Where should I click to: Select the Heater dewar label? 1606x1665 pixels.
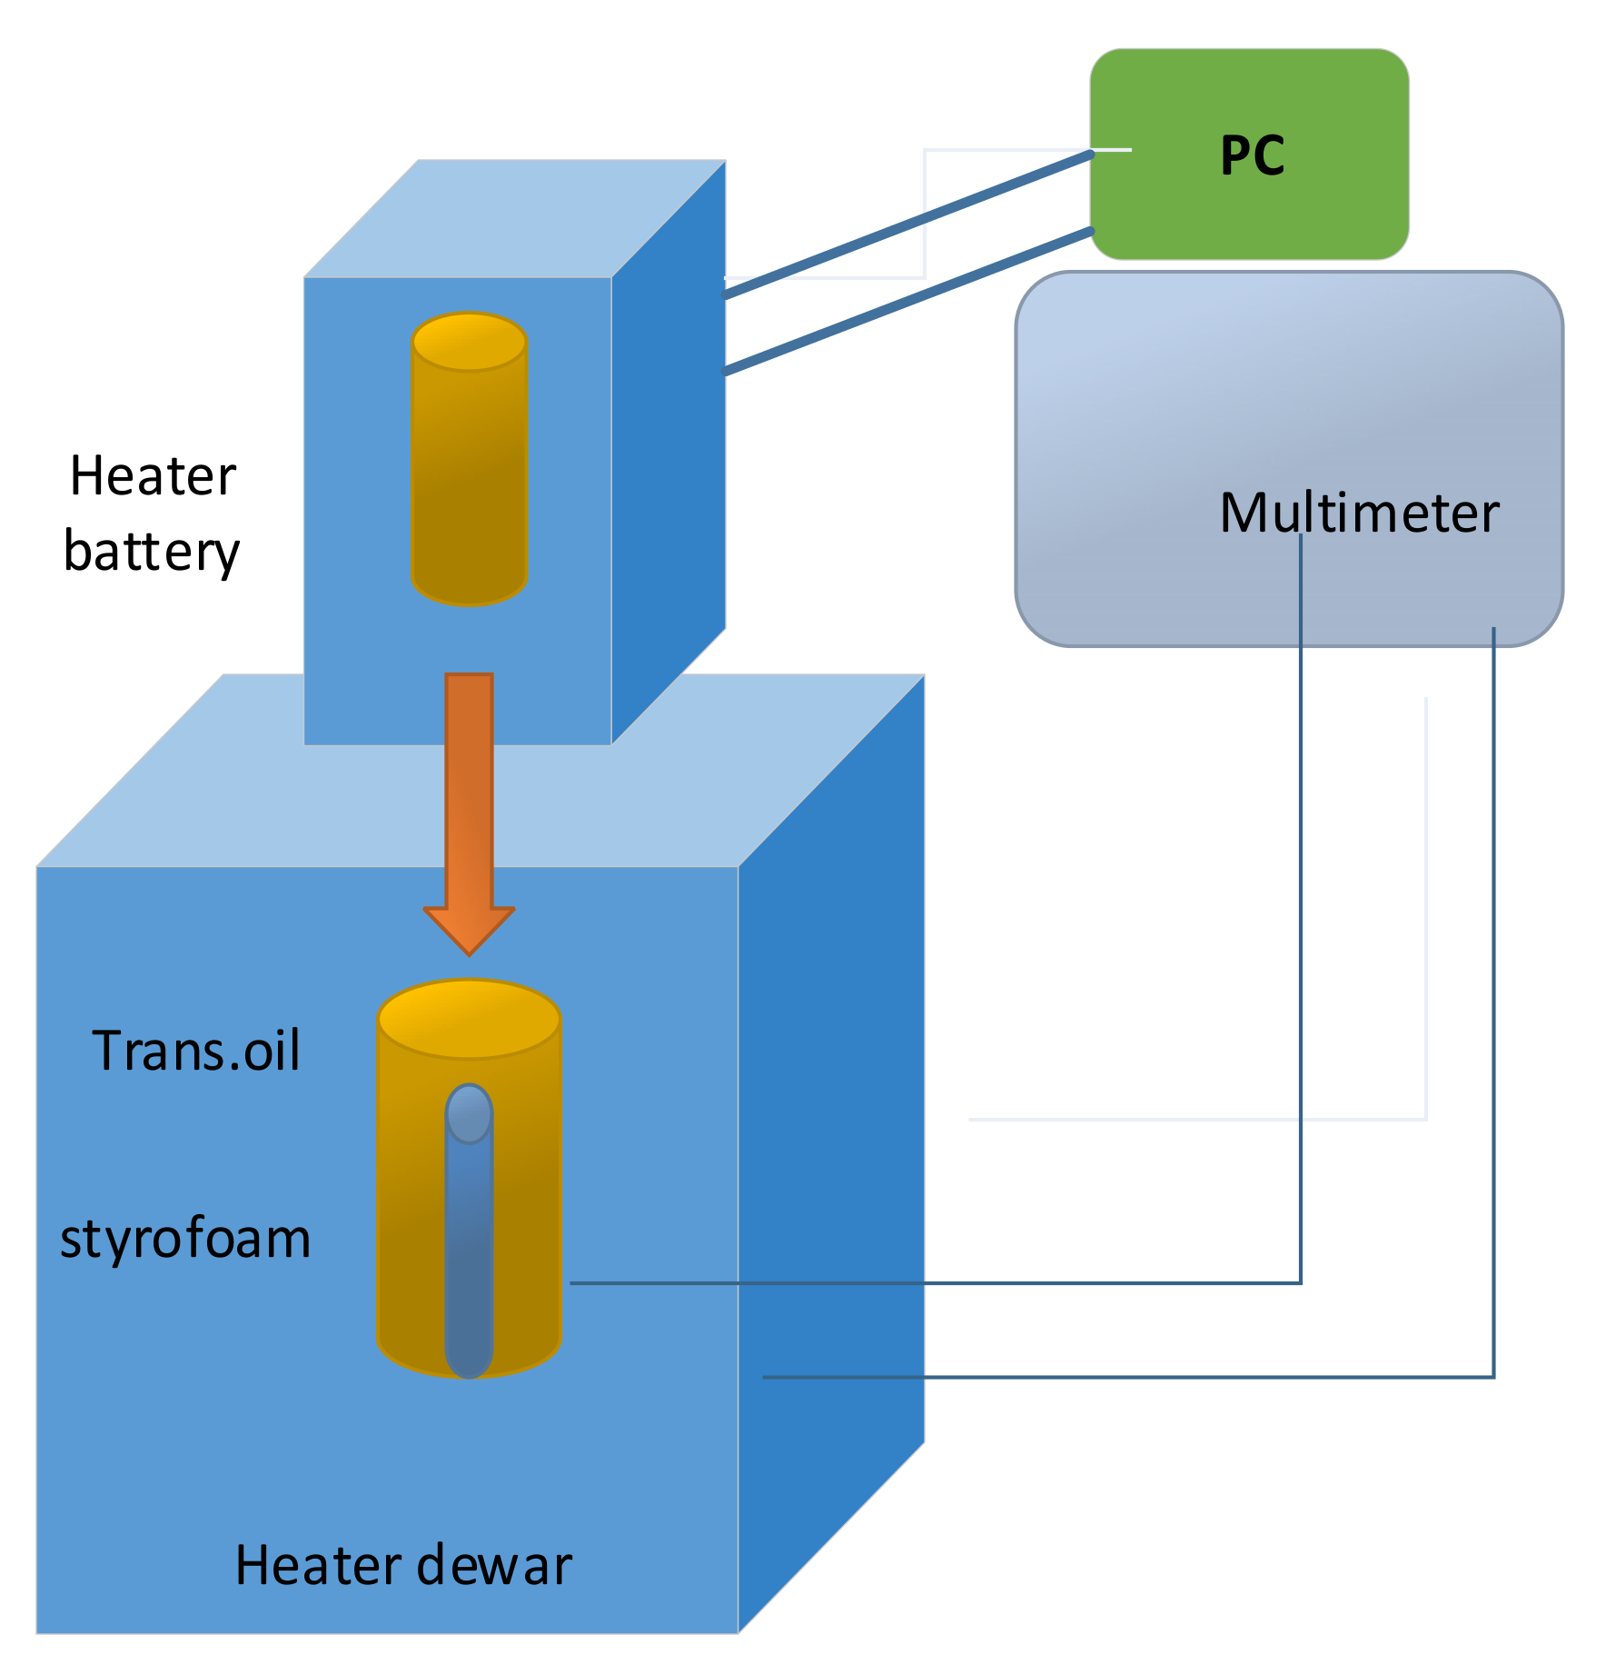coord(403,1565)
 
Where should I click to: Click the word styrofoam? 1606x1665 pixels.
coord(185,1238)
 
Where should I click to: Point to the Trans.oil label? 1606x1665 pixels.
coord(195,1051)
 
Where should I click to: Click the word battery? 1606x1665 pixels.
coord(151,551)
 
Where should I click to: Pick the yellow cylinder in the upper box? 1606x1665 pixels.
coord(470,482)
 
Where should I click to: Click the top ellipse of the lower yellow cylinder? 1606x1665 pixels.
coord(469,1018)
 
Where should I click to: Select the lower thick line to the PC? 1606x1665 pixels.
coord(908,301)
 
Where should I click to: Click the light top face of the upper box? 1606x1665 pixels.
coord(514,219)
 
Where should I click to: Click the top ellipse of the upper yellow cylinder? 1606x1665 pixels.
coord(470,342)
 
